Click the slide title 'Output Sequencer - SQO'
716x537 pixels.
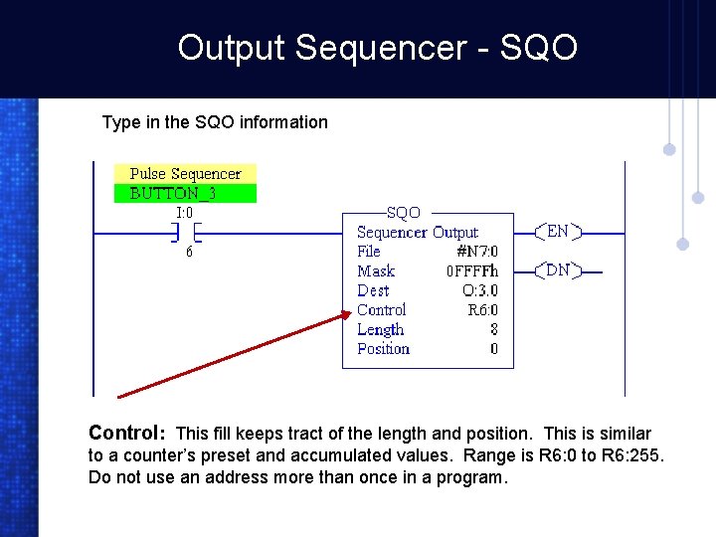(x=377, y=47)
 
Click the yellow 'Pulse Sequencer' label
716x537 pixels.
(x=185, y=174)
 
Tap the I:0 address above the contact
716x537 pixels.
(x=184, y=212)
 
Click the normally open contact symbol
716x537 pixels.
(x=184, y=233)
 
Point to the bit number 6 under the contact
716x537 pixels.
(x=189, y=253)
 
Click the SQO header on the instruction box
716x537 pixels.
(x=403, y=213)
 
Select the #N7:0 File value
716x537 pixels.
(x=476, y=252)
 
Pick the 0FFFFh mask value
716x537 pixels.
(x=471, y=271)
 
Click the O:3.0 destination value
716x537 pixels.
(x=479, y=290)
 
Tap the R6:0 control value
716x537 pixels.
(x=482, y=310)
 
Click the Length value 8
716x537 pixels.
(x=493, y=329)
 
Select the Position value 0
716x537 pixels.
(x=493, y=349)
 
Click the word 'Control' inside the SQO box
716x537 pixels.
(x=382, y=310)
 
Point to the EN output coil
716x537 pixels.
(x=558, y=232)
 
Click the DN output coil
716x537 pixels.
(x=558, y=269)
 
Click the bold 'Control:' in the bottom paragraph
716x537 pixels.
(x=126, y=433)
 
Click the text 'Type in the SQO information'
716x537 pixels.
(x=215, y=122)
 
